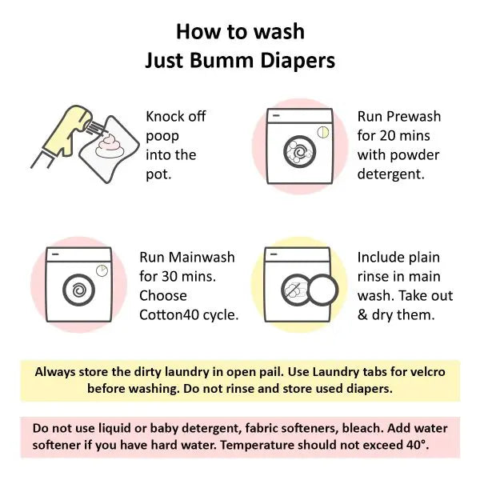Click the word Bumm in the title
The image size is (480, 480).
pos(222,60)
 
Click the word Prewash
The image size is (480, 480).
pos(414,117)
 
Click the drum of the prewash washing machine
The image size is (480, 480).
pos(300,152)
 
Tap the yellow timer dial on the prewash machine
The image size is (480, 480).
pos(322,133)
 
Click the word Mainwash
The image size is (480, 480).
pos(202,257)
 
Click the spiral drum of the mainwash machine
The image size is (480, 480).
pos(78,290)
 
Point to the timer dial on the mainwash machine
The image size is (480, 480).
pos(102,271)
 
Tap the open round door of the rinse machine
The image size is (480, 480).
pos(322,290)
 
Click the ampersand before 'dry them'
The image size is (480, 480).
pos(362,314)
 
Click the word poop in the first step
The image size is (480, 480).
pos(162,137)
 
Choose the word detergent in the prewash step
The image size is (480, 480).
pos(391,174)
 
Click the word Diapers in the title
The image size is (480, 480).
pos(298,61)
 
